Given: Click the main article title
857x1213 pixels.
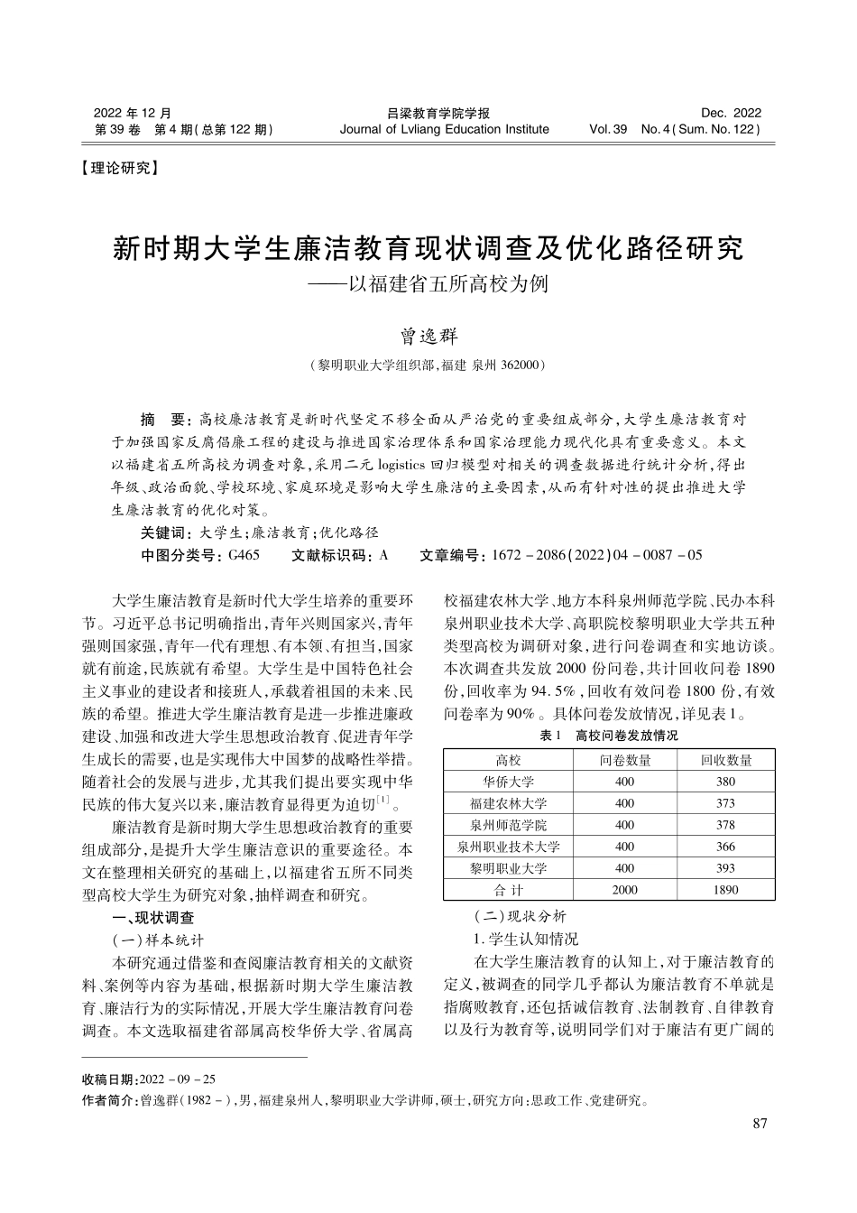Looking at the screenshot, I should (428, 248).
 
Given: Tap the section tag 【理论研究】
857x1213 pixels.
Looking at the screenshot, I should (119, 168).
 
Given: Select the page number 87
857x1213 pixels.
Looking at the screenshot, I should (758, 1124).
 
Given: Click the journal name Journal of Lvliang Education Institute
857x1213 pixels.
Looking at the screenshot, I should (444, 129).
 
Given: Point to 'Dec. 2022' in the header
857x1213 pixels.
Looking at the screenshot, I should (731, 113).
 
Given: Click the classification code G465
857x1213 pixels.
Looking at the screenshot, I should (244, 555).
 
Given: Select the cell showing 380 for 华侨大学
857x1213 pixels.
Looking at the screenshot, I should (724, 782).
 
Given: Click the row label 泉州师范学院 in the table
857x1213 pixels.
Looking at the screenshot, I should (508, 825).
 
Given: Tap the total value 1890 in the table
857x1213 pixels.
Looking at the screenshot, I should (724, 890).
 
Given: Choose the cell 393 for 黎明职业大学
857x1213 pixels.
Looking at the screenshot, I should (724, 868).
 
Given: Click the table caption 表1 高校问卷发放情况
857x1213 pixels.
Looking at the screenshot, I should (608, 736).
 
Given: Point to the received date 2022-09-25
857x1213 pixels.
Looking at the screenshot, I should (178, 1079).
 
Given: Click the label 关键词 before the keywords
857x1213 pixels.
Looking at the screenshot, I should (162, 533).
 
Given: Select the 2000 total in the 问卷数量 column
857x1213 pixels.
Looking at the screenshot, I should (623, 890).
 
